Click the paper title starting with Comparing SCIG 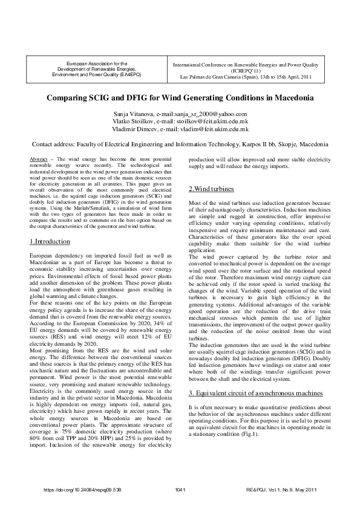[x=180, y=98]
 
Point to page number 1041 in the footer [x=180, y=488]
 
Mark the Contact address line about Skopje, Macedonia [x=180, y=145]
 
